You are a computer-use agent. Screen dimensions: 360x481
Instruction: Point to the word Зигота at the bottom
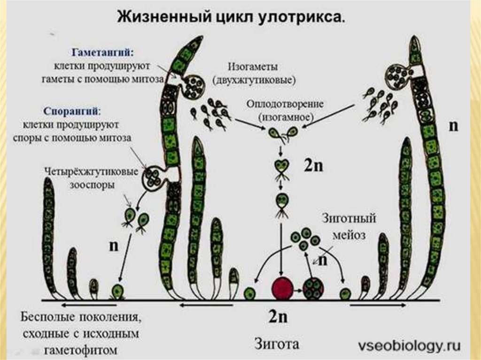tap(277, 344)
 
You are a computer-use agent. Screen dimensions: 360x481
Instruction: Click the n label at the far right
tap(453, 126)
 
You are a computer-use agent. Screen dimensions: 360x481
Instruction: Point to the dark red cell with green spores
tap(313, 288)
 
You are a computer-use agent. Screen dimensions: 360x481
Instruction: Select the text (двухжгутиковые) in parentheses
tap(254, 79)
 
